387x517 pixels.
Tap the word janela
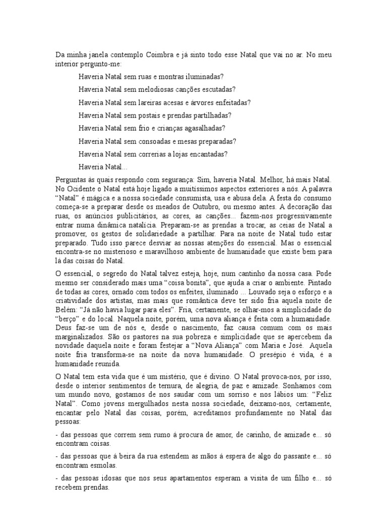coord(95,55)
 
